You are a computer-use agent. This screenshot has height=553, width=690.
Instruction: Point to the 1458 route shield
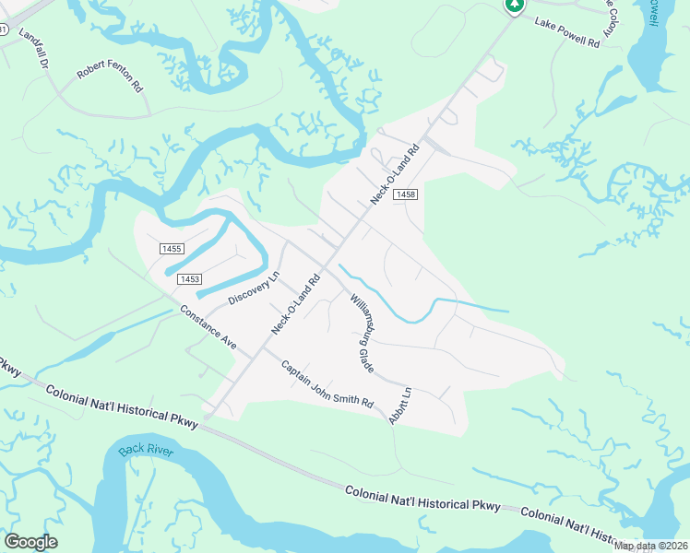(405, 195)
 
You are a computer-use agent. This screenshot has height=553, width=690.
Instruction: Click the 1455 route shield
(172, 249)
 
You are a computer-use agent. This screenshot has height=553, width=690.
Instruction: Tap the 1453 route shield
(190, 278)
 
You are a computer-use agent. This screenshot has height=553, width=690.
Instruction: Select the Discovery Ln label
(253, 288)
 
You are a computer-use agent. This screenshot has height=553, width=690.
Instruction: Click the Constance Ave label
(208, 326)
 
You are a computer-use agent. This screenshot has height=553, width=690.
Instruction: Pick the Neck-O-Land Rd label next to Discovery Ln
(296, 303)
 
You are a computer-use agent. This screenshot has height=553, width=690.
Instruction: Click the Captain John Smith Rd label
(327, 384)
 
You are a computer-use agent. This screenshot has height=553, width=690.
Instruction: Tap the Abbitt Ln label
(399, 405)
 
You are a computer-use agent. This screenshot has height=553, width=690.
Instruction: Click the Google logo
(30, 542)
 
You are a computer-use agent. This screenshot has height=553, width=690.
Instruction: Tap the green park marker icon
(514, 6)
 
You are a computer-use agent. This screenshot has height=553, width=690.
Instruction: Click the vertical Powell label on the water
(652, 13)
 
